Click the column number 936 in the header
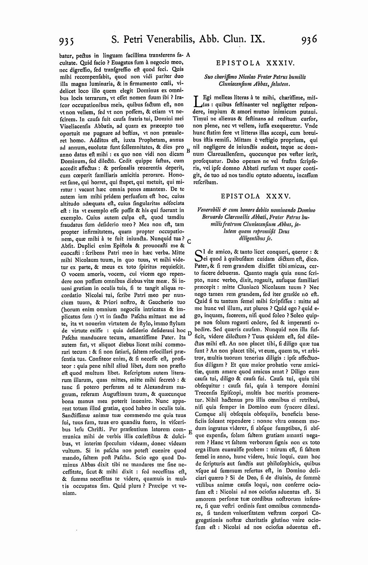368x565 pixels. [309, 38]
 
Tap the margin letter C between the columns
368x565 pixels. [189, 241]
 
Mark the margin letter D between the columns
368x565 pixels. [189, 332]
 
